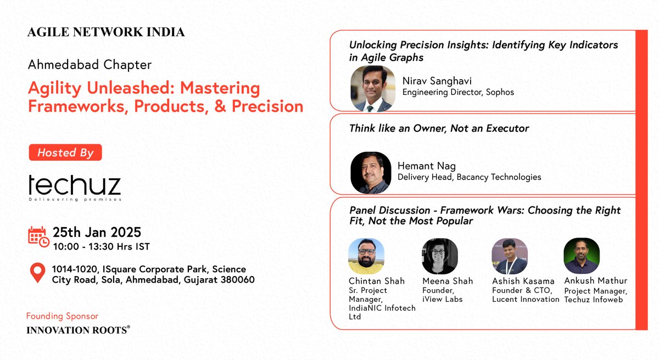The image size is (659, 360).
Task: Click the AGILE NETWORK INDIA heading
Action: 106,32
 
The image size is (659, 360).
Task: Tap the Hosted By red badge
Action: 65,153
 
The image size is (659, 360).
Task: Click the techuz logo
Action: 75,187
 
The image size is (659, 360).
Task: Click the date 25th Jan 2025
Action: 97,232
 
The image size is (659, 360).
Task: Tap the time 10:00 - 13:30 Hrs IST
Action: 102,246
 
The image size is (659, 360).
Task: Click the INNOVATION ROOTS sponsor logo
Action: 79,330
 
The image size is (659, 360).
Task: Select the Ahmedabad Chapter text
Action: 90,65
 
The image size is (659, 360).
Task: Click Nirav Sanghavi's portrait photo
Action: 373,88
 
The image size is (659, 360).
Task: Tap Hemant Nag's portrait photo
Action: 371,172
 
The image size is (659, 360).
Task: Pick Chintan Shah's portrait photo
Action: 366,256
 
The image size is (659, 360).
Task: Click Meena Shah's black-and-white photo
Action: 440,256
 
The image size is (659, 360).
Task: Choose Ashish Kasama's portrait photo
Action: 510,256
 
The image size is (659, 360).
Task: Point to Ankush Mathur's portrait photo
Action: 582,256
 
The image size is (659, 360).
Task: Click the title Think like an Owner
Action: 439,128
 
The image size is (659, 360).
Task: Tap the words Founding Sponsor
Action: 62,316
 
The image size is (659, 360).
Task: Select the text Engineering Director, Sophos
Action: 458,92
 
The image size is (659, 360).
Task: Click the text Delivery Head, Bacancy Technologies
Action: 469,177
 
